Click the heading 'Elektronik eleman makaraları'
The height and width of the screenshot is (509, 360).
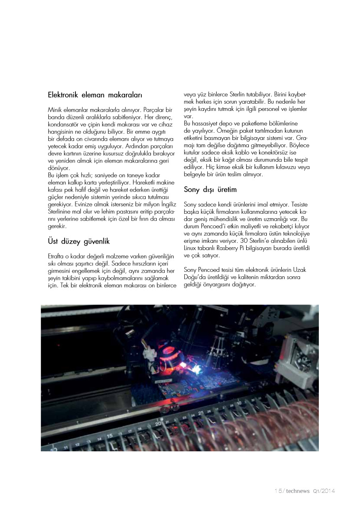coord(95,96)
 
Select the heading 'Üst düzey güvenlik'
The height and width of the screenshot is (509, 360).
coord(79,242)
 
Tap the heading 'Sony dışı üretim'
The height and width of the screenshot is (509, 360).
coord(210,190)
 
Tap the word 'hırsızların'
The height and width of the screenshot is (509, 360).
coord(142,263)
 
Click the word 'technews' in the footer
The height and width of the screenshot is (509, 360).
coord(298,491)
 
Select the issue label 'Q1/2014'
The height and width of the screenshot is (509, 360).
coord(324,491)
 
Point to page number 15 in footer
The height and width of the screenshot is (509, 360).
coord(278,491)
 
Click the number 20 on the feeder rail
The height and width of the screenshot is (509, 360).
coord(158,423)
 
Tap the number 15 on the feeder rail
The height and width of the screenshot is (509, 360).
coord(109,436)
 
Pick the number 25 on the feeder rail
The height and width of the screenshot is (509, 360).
coord(201,413)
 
